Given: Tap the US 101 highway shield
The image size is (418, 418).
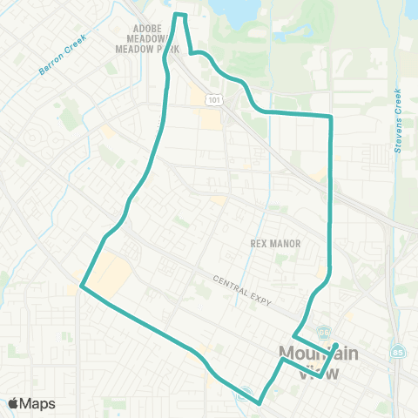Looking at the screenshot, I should (212, 101).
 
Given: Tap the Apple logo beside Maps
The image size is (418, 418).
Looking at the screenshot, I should (14, 403).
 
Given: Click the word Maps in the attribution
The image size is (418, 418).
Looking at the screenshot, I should (38, 403).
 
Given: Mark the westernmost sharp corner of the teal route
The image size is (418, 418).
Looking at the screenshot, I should (81, 285).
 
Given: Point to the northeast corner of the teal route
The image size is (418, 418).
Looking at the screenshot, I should (332, 116).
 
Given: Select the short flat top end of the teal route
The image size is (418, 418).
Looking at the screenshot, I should (180, 15).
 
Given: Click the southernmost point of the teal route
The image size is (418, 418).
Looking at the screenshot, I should (260, 403).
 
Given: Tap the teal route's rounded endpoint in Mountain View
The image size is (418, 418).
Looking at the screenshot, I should (336, 346).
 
